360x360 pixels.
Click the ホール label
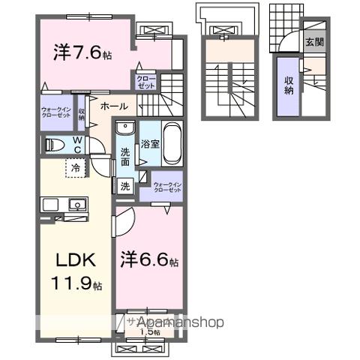113,106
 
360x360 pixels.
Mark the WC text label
77,144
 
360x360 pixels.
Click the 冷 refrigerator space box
76,169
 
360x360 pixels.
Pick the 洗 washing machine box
124,186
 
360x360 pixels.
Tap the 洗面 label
124,157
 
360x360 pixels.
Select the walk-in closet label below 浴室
166,187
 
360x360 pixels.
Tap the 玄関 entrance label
314,42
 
